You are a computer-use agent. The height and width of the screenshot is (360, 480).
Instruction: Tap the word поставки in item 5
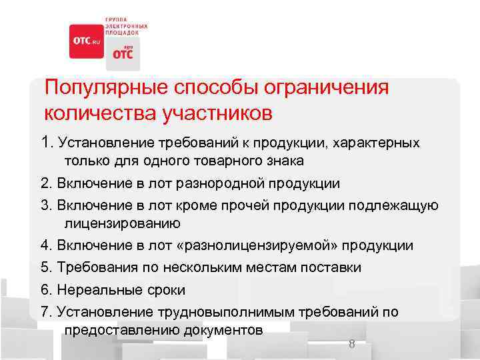[x=330, y=267]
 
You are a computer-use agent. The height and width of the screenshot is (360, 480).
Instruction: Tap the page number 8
[x=351, y=345]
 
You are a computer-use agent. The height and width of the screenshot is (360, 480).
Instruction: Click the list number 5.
[x=45, y=267]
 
